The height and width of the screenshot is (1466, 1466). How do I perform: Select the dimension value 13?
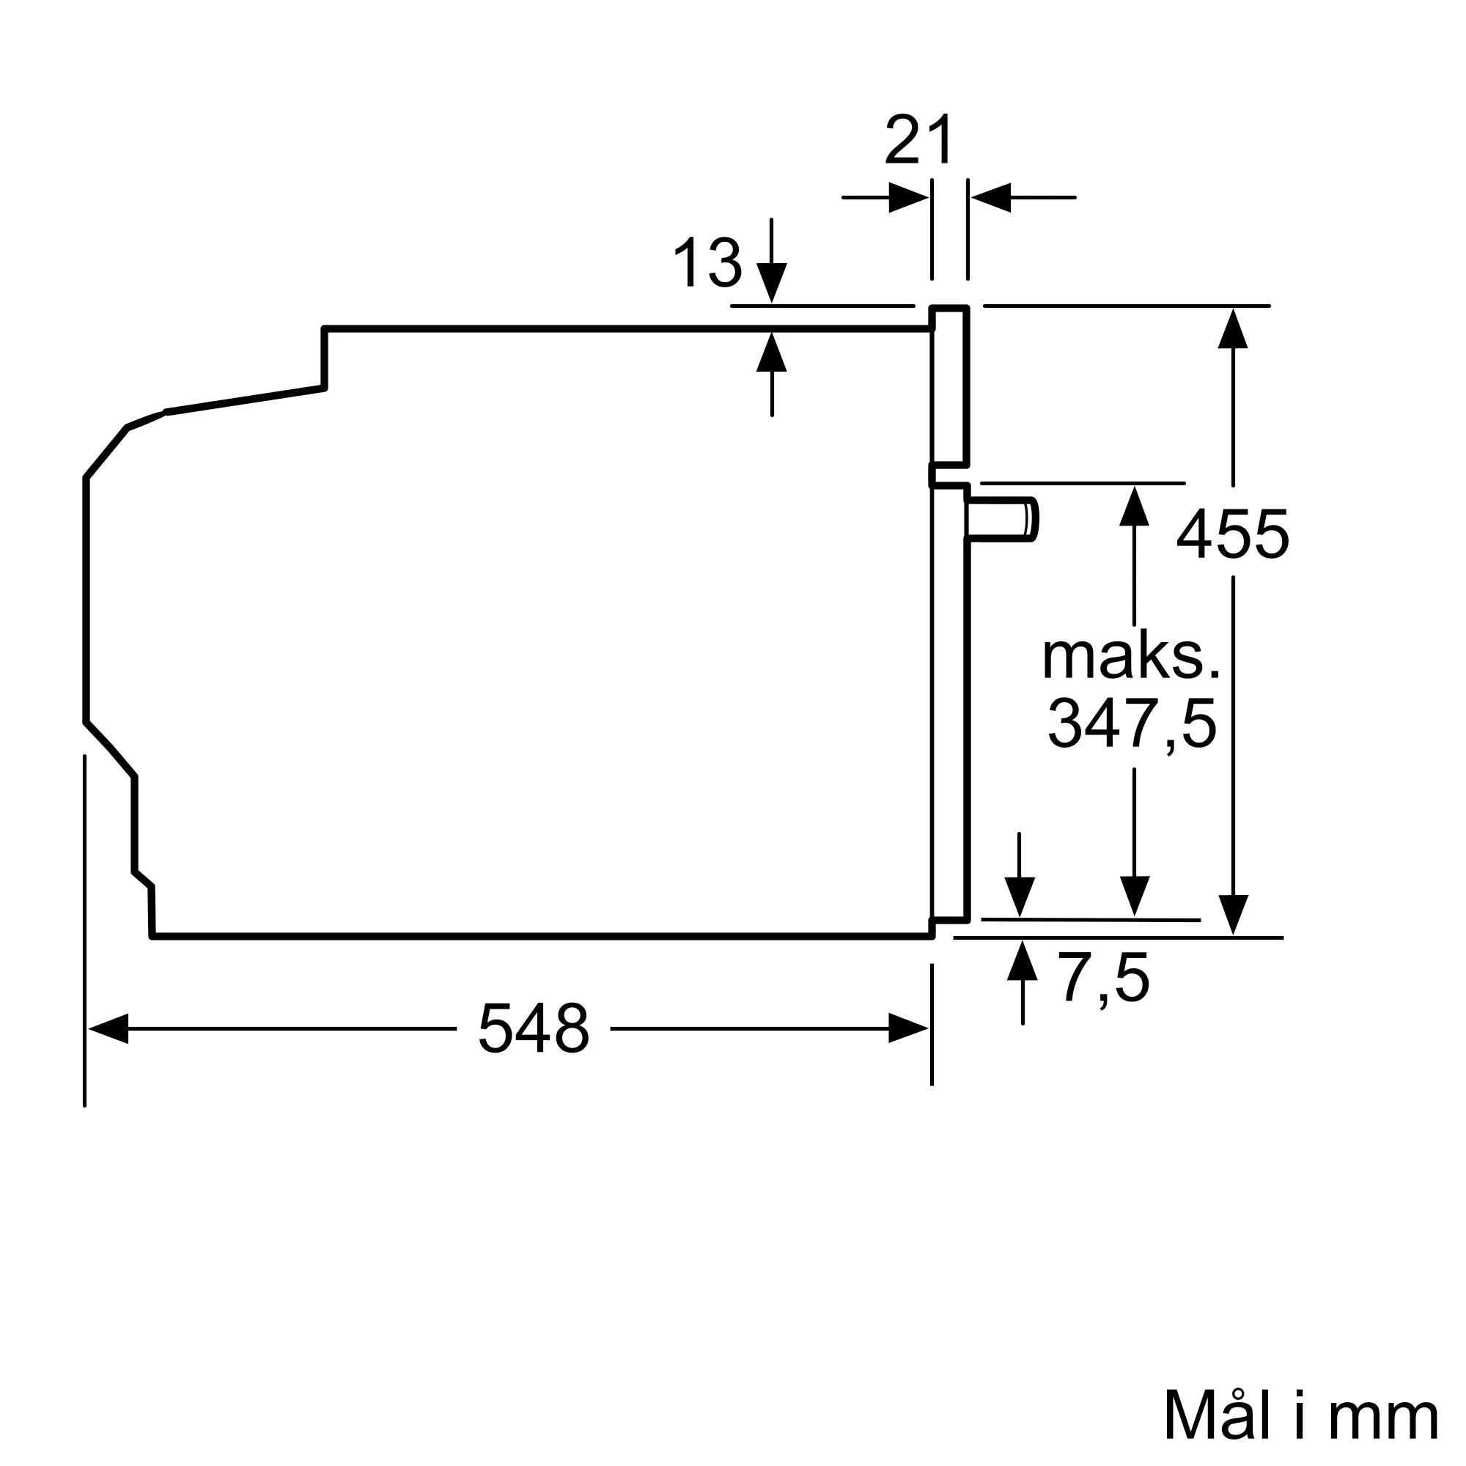tap(707, 262)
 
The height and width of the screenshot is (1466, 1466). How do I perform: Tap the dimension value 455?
tap(1232, 535)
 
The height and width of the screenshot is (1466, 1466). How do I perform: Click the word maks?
tap(1130, 656)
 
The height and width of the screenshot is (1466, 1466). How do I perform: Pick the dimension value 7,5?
tap(1105, 979)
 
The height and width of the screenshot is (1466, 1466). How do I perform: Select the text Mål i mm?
tap(1300, 1416)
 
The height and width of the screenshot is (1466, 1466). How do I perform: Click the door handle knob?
tap(1001, 520)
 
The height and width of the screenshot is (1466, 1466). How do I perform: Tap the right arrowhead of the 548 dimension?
tap(908, 1028)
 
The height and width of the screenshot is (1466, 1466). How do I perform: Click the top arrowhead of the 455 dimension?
tap(1233, 328)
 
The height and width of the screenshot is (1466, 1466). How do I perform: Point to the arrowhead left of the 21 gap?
tap(908, 198)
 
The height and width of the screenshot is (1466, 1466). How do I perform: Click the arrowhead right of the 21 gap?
tap(991, 198)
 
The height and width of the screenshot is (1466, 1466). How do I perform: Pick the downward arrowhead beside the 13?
tap(772, 282)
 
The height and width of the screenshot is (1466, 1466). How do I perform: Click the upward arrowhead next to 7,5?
tap(1022, 961)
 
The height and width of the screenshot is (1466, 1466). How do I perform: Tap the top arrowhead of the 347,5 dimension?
tap(1134, 506)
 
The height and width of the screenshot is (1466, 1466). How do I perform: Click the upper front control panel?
tap(950, 386)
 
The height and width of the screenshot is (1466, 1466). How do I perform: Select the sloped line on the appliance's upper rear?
tap(244, 400)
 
